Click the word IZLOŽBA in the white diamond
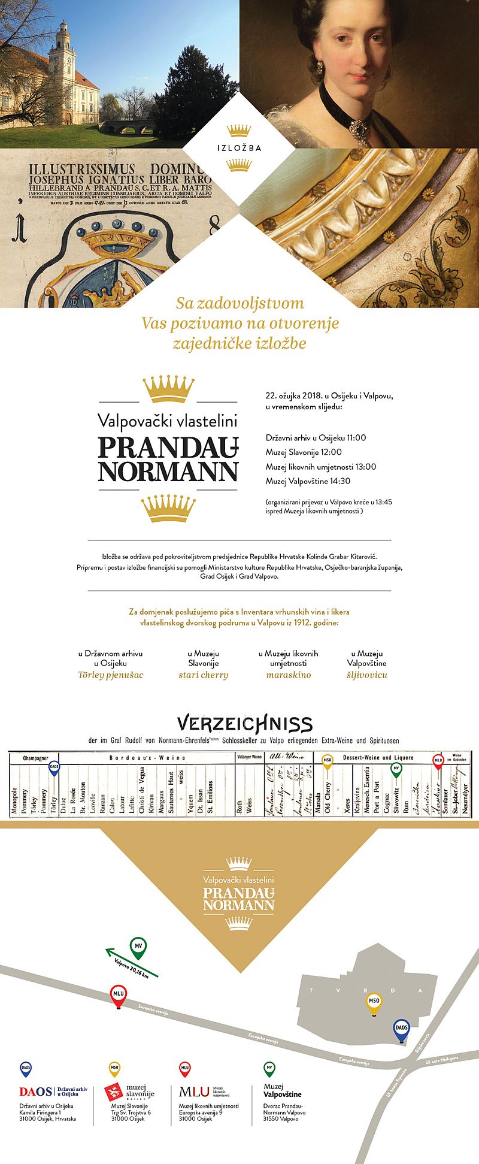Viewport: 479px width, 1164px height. [x=239, y=148]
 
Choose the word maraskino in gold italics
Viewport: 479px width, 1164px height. [x=289, y=675]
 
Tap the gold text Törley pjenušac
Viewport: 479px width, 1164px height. [x=111, y=675]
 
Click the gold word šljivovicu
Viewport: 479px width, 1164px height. [x=367, y=675]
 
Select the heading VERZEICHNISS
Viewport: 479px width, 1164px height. [x=245, y=724]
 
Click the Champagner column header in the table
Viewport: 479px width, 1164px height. [x=35, y=758]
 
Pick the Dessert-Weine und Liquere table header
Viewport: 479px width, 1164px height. [x=378, y=758]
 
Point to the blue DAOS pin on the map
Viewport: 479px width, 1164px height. [x=401, y=1029]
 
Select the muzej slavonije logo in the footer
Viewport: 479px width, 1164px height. [x=129, y=1092]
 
